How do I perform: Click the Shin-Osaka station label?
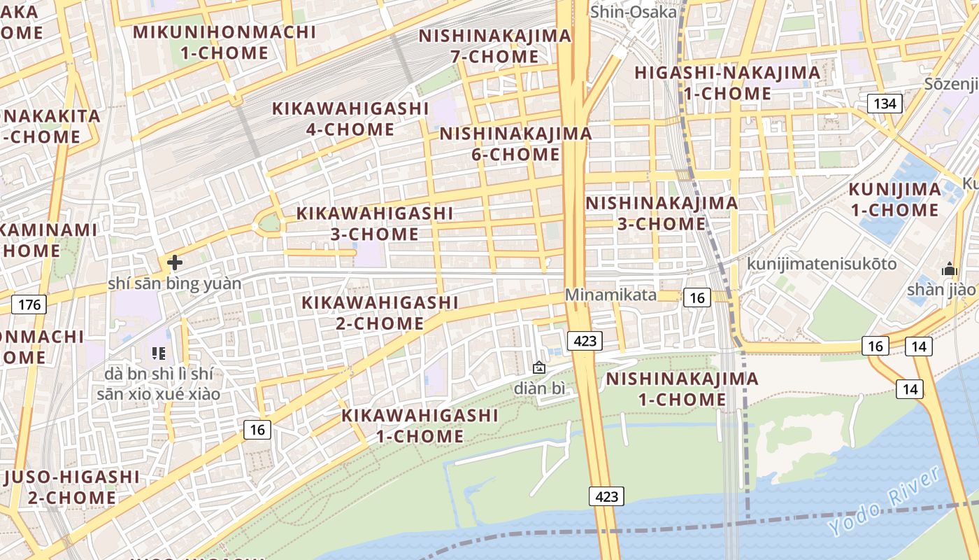coord(634,12)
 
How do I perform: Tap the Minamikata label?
coord(610,295)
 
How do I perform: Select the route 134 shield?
coord(885,104)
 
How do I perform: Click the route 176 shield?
coord(29,304)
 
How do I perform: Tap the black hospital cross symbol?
coord(175,262)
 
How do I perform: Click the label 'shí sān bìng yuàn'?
coord(174,283)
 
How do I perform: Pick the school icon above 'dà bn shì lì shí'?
coord(159,353)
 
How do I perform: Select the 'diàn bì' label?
coord(539,388)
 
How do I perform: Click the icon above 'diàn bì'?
coord(539,367)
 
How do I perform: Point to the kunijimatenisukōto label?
coord(822,264)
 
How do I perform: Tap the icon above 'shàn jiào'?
coord(949,268)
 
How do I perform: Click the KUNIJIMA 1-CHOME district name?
coord(894,199)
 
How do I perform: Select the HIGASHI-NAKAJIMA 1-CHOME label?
coord(727,83)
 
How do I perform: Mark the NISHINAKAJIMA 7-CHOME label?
coord(495,45)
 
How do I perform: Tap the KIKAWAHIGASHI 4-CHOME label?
coord(350,119)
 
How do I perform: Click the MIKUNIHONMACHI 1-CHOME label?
coord(224,42)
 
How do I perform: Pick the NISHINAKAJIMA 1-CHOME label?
coord(682,389)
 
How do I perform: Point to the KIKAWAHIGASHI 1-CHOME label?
coord(420,426)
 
